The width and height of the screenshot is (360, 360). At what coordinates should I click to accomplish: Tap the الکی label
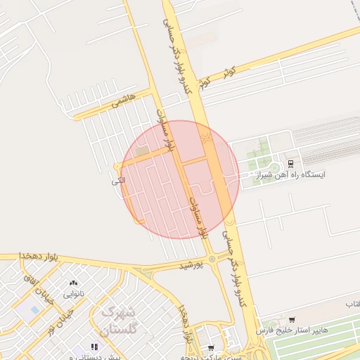pyautogui.click(x=108, y=181)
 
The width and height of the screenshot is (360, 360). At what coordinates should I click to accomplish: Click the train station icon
pyautogui.click(x=291, y=162)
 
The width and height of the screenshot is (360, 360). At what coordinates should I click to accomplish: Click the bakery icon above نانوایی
pyautogui.click(x=74, y=282)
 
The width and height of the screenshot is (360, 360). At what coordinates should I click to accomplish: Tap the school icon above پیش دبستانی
pyautogui.click(x=94, y=347)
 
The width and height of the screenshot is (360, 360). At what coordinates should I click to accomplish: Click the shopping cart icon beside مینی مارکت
pyautogui.click(x=210, y=347)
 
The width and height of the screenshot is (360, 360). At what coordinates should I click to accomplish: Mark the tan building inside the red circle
pyautogui.click(x=143, y=151)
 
